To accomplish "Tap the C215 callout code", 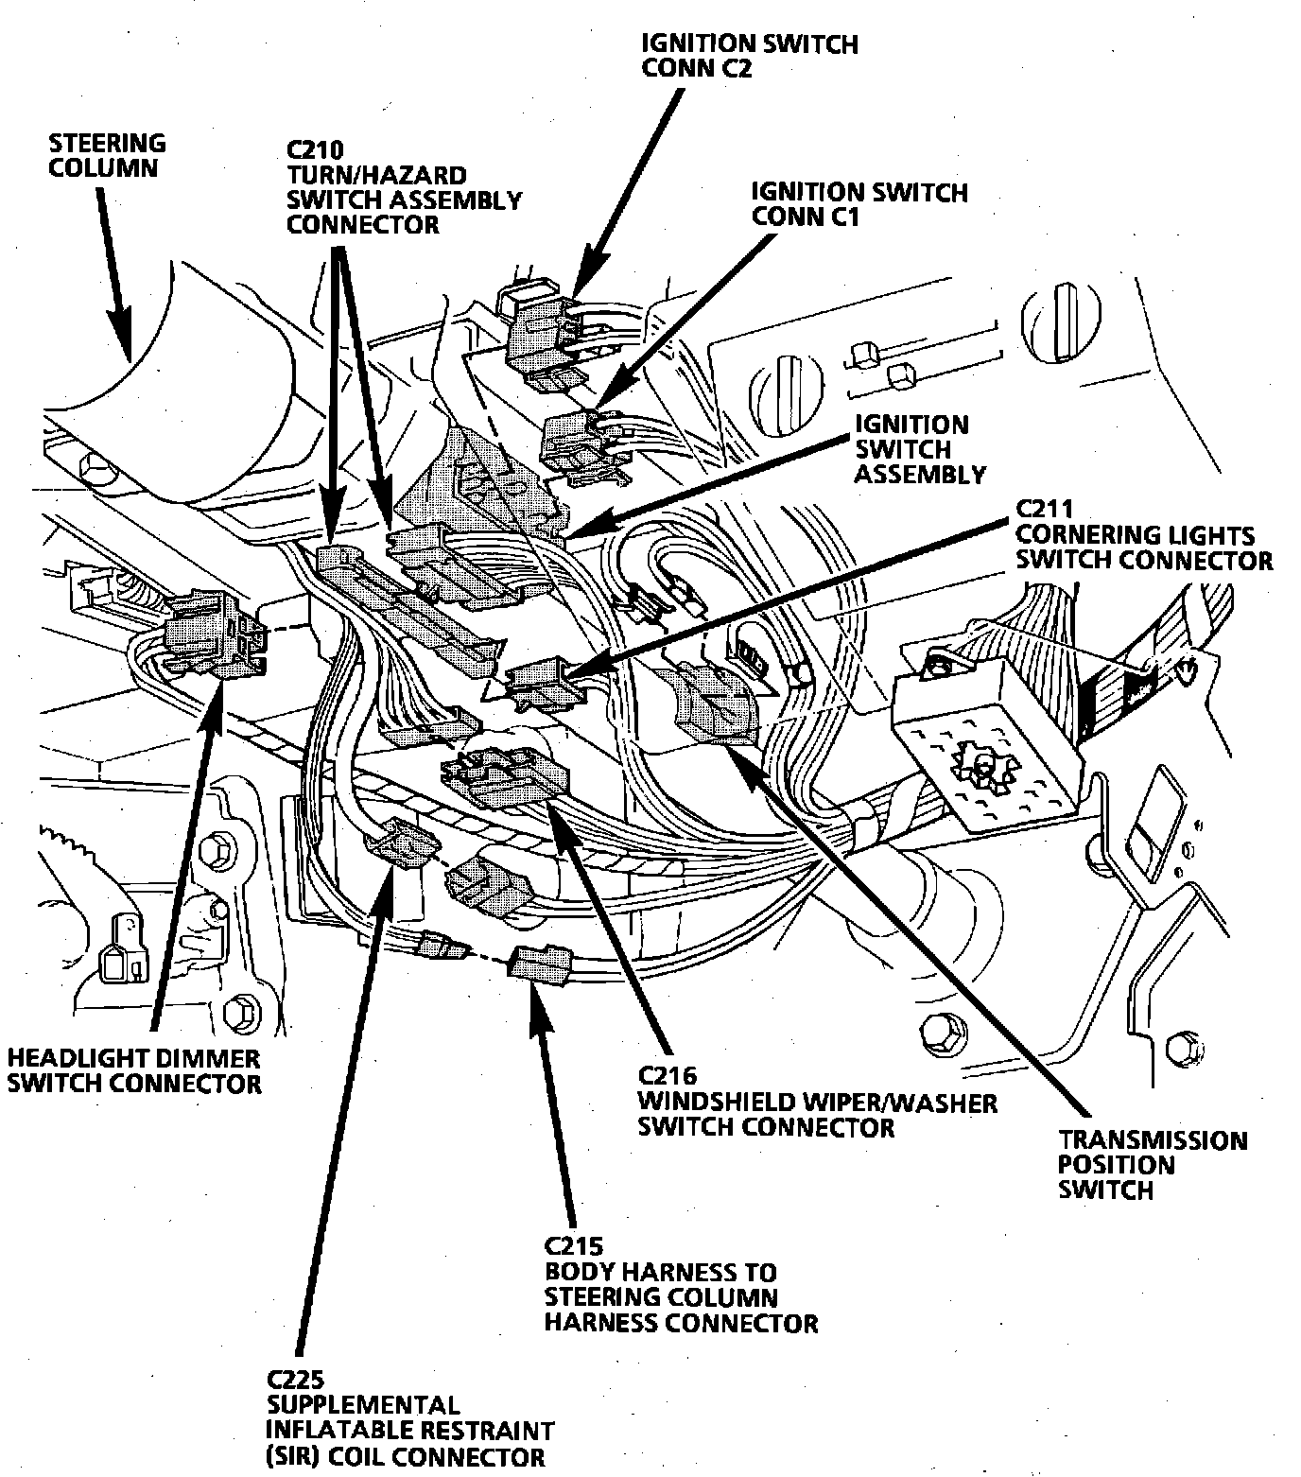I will point(573,1245).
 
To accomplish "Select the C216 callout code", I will point(668,1075).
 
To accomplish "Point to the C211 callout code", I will point(1044,509).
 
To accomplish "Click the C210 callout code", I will point(315,149).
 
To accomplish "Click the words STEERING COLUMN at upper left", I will point(106,156).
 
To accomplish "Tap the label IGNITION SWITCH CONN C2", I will point(749,56).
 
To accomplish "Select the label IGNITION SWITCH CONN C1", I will point(859,204).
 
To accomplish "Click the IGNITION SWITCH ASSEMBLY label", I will point(919,449).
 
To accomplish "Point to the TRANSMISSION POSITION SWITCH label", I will point(1152,1164).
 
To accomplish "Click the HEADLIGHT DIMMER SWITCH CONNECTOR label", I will point(133,1069).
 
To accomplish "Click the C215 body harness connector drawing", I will point(539,964).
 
